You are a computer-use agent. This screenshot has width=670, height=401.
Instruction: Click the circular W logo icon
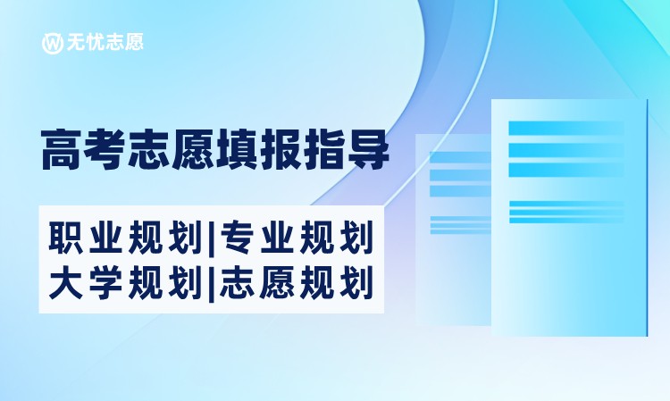(x=52, y=43)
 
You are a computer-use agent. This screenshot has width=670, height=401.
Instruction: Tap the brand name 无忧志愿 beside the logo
(x=105, y=42)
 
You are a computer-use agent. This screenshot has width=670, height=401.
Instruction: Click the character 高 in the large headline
(x=63, y=150)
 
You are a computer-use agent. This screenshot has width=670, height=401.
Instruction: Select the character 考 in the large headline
(x=106, y=150)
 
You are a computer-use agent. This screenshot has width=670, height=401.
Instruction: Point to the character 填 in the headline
(x=237, y=150)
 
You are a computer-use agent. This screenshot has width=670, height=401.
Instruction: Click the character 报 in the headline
(x=281, y=150)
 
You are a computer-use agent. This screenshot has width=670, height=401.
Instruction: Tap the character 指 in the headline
(x=324, y=150)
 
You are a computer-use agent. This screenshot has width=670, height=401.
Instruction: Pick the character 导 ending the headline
(x=368, y=150)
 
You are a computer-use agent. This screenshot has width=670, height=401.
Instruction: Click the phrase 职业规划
(x=126, y=237)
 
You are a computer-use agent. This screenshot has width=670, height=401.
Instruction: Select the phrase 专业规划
(x=296, y=237)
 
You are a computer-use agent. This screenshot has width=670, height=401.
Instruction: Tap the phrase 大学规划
(x=126, y=282)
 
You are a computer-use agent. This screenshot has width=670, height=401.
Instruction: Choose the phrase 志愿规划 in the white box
(x=296, y=282)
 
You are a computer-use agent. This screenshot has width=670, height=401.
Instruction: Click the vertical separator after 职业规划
(x=211, y=238)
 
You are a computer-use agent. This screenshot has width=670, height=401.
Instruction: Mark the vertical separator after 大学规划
(x=211, y=283)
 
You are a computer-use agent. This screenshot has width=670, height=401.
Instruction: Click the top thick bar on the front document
(x=566, y=128)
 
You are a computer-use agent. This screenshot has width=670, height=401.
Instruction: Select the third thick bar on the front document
(x=566, y=170)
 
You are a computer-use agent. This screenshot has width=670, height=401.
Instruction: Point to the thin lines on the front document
(x=566, y=212)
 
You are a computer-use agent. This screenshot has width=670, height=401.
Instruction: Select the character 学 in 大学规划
(x=105, y=282)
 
